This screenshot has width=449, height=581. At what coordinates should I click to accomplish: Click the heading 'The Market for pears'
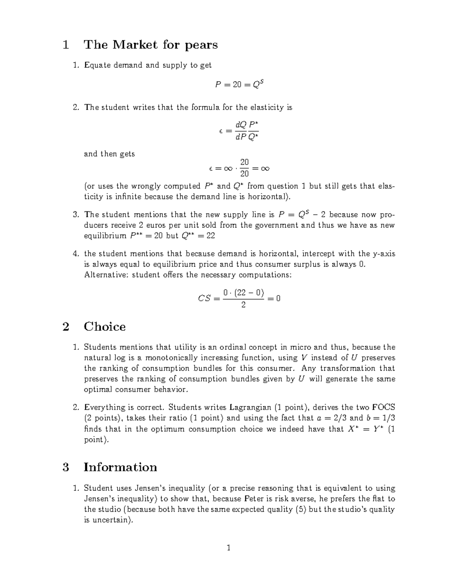(x=150, y=45)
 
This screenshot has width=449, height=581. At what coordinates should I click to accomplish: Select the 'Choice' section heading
(x=104, y=327)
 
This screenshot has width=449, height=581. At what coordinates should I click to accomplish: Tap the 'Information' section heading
(x=120, y=467)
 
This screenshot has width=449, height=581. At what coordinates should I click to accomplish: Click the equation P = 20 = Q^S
(x=239, y=85)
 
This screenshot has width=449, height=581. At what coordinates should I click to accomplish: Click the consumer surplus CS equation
(x=239, y=299)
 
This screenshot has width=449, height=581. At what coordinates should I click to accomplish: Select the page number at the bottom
(x=229, y=548)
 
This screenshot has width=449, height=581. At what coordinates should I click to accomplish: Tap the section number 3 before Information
(x=66, y=467)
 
